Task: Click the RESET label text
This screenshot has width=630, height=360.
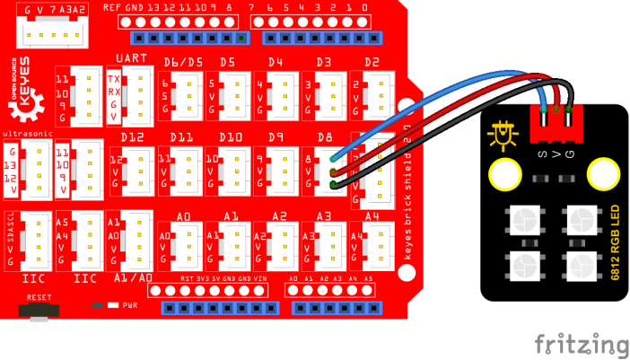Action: [37, 295]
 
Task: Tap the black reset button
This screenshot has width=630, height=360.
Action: [37, 311]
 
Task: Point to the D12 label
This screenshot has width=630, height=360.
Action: [132, 136]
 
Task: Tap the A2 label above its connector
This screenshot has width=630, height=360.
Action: [278, 215]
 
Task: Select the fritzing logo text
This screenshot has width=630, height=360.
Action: [581, 344]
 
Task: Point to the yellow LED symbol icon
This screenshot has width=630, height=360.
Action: [503, 135]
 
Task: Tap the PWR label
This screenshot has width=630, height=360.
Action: [129, 304]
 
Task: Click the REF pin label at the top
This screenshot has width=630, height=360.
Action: [111, 7]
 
